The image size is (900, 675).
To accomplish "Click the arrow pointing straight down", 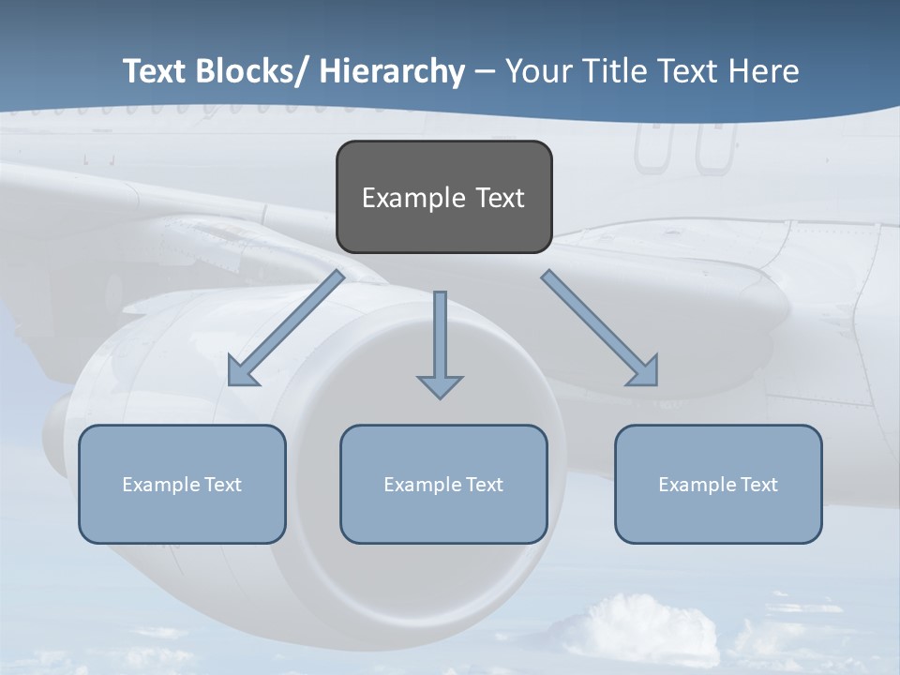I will click(x=440, y=342).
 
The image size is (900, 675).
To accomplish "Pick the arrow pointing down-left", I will click(x=286, y=328).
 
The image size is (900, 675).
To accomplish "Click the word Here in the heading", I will click(x=764, y=71).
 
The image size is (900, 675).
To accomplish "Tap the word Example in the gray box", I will click(x=413, y=198).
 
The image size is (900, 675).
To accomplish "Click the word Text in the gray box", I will click(x=500, y=198).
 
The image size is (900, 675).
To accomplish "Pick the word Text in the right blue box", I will click(x=758, y=485).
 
